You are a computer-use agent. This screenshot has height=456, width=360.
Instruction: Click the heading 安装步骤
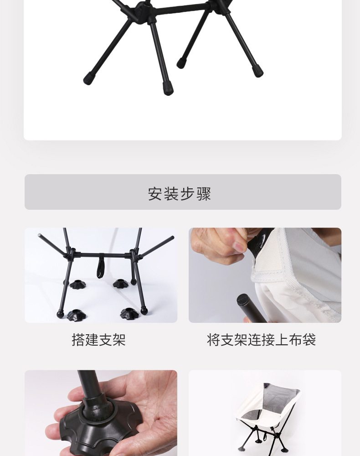[x=180, y=193]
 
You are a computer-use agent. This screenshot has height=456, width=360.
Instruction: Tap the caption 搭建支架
[x=98, y=340]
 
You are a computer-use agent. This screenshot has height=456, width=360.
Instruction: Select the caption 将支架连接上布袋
[x=261, y=340]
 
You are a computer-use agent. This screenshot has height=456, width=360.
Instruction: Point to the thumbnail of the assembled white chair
[x=265, y=413]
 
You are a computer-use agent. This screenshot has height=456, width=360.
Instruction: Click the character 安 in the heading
[x=155, y=194]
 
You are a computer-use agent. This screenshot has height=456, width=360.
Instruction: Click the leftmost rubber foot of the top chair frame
[x=88, y=80]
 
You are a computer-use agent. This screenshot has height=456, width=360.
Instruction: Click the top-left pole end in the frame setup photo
[x=40, y=236]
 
